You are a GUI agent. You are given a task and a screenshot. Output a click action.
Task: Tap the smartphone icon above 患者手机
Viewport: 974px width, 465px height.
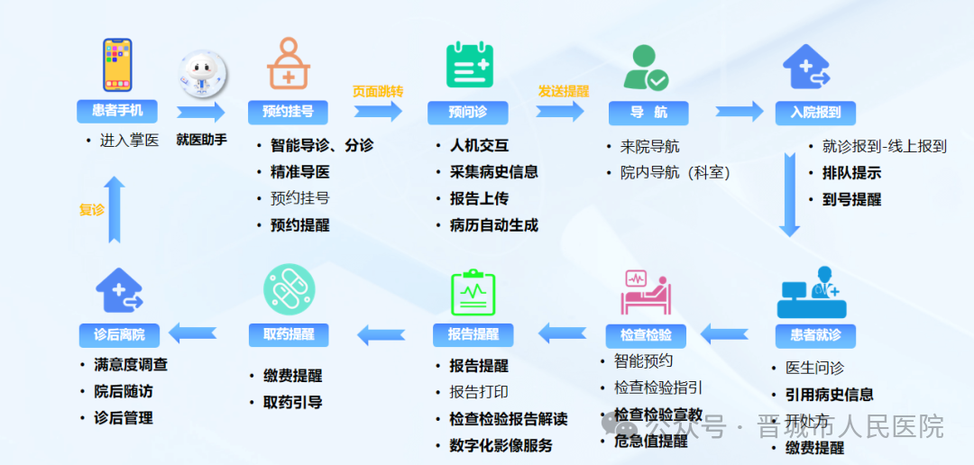[x=117, y=65]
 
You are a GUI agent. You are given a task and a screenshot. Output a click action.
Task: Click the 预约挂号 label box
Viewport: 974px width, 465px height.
[x=288, y=112]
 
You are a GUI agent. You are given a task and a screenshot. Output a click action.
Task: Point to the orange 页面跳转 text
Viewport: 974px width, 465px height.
[x=377, y=91]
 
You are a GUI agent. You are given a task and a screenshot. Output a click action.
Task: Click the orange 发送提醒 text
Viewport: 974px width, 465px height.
[x=563, y=91]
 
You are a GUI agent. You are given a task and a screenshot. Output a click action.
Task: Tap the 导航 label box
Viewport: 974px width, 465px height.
[x=648, y=113]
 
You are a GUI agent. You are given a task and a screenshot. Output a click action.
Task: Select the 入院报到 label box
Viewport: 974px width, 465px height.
[x=815, y=113]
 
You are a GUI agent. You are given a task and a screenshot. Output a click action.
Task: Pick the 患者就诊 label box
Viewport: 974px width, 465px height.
[x=815, y=335]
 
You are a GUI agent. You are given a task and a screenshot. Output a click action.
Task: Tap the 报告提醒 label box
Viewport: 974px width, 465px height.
[x=473, y=334]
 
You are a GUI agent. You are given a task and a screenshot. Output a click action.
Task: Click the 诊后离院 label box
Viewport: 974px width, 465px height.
[x=119, y=334]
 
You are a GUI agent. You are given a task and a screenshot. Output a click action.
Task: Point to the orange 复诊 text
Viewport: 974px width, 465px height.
[x=92, y=210]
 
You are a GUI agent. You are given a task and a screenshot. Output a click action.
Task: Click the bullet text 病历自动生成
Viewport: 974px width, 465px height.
[x=493, y=225]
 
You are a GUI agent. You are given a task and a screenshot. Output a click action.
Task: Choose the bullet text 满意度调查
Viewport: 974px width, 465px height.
[x=130, y=365]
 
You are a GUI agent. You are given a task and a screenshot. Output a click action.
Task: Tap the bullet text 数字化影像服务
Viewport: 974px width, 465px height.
[x=501, y=445]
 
